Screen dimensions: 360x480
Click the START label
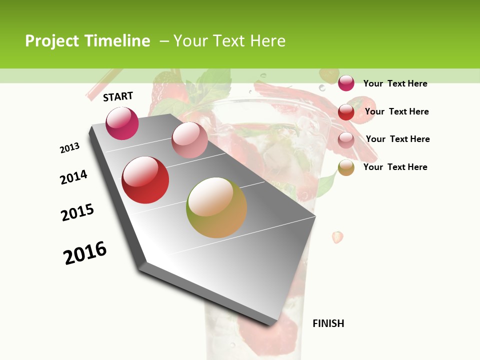point(118,96)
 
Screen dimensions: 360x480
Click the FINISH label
point(328,323)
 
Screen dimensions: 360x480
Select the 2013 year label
point(70,148)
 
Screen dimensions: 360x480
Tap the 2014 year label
point(74,177)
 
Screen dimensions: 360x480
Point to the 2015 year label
point(77,212)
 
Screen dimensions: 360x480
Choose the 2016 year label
point(85,252)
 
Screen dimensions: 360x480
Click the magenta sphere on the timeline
point(122,123)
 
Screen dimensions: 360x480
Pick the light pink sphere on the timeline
point(189,140)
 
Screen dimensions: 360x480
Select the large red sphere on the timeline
point(145,180)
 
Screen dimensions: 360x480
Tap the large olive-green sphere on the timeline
point(216,207)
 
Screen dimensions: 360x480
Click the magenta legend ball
point(346,83)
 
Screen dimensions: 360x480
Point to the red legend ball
point(346,112)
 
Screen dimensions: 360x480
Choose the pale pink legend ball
point(346,140)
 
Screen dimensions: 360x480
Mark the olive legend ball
point(346,168)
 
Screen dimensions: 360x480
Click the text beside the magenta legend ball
point(395,83)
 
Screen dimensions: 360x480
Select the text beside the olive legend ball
point(395,167)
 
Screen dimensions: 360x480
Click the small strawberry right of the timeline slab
point(338,237)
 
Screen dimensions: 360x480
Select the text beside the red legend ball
point(396,111)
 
